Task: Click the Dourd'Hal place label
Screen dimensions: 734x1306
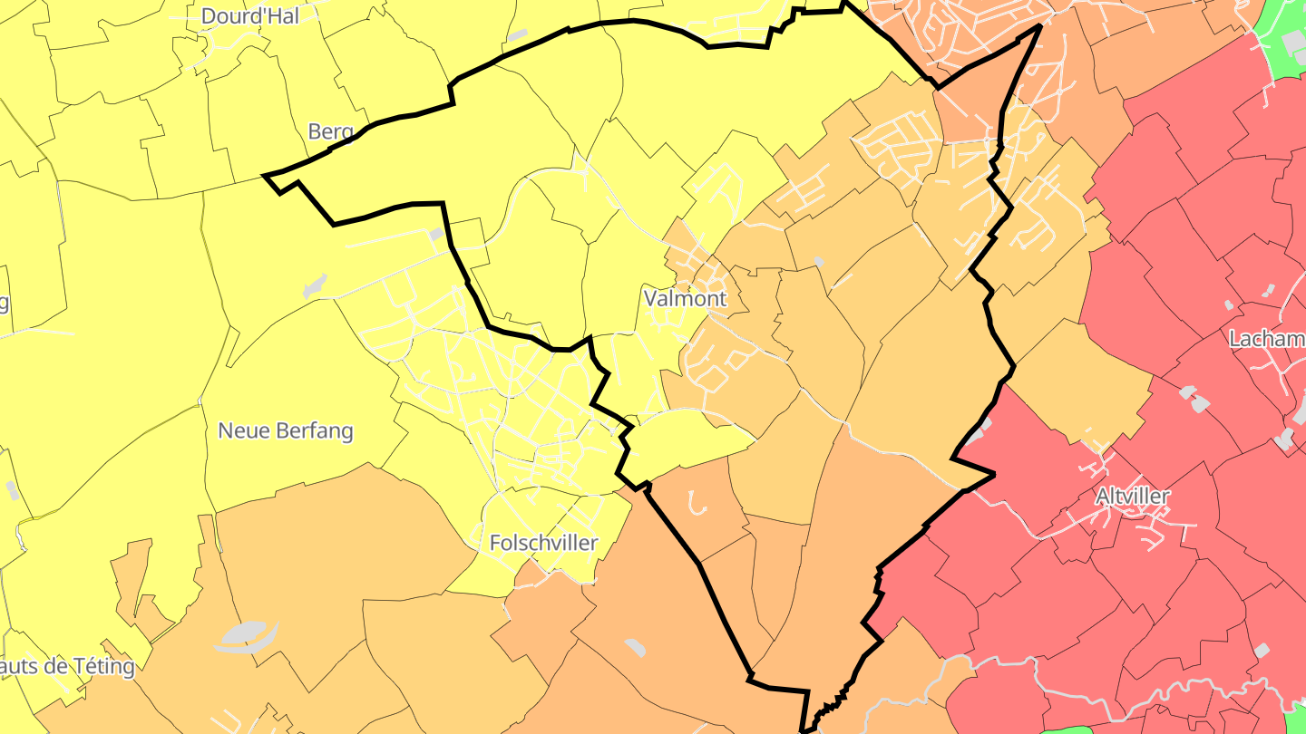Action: click(x=249, y=15)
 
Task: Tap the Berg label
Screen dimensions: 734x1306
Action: click(x=330, y=131)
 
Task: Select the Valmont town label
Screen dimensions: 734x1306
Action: click(x=685, y=298)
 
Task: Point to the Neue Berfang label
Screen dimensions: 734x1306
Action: click(x=285, y=430)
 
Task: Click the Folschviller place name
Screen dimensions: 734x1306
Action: click(x=543, y=543)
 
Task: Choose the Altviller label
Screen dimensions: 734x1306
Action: click(x=1132, y=496)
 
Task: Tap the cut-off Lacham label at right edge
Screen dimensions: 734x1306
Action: click(x=1266, y=340)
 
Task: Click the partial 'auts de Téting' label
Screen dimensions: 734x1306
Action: click(x=67, y=667)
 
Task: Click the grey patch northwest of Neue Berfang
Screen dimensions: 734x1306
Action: click(x=315, y=285)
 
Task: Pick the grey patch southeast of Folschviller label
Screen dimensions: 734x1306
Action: click(x=636, y=647)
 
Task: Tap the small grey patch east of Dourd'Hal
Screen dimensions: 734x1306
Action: click(x=517, y=35)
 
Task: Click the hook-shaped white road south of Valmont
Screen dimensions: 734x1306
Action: click(x=697, y=502)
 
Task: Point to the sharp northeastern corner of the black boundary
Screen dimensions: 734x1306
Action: click(x=1038, y=27)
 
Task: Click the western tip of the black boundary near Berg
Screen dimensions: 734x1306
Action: click(x=265, y=175)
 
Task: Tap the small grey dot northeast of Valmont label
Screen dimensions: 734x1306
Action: click(x=819, y=262)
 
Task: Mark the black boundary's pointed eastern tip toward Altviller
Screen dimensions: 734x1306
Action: click(x=994, y=473)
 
